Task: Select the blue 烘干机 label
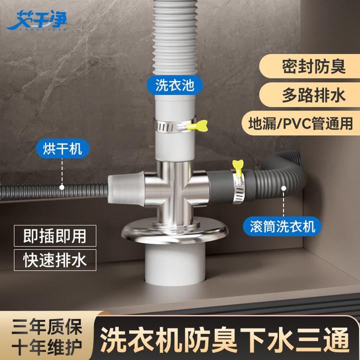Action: [62, 148]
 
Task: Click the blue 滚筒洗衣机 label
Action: [283, 226]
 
